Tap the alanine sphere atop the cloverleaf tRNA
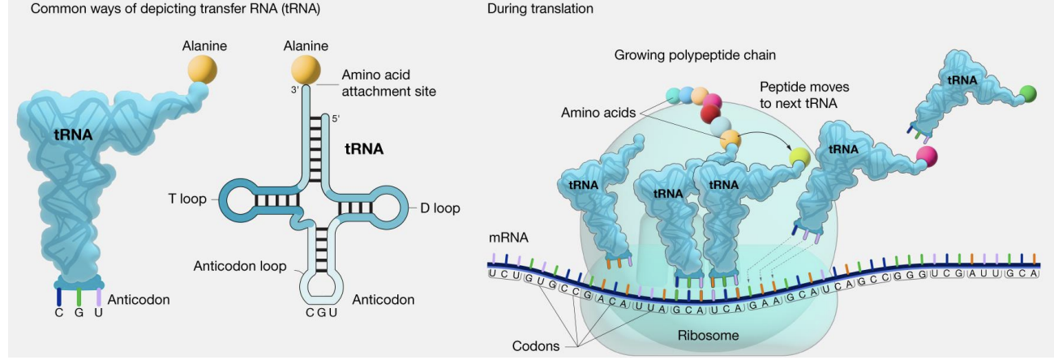point(306,67)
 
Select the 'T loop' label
point(183,199)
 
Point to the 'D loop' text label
point(440,208)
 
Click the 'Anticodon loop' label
point(239,266)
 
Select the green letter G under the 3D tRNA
point(79,313)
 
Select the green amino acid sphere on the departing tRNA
point(1028,92)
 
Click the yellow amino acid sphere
point(799,156)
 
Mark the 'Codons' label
point(535,346)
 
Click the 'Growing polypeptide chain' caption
point(695,56)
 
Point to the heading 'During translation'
point(540,9)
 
